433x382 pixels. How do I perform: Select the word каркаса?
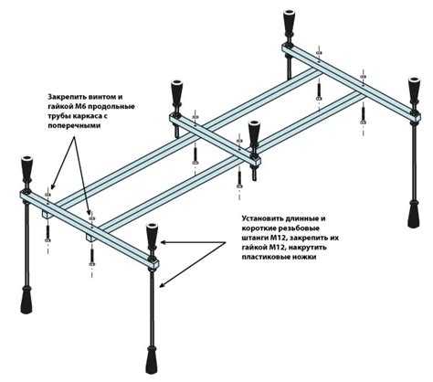pyautogui.click(x=88, y=116)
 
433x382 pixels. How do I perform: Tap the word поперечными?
pyautogui.click(x=74, y=126)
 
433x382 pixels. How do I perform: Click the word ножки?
pyautogui.click(x=301, y=257)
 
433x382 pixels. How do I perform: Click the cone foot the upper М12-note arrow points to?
pyautogui.click(x=152, y=237)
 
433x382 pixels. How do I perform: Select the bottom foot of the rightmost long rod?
pyautogui.click(x=414, y=214)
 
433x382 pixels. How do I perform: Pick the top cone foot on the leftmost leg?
pyautogui.click(x=27, y=170)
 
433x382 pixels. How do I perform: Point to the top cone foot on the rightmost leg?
pyautogui.click(x=414, y=90)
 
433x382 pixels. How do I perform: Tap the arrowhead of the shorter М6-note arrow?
pyautogui.click(x=51, y=186)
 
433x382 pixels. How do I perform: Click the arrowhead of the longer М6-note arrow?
pyautogui.click(x=89, y=211)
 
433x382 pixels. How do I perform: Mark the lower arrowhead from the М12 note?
pyautogui.click(x=163, y=285)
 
